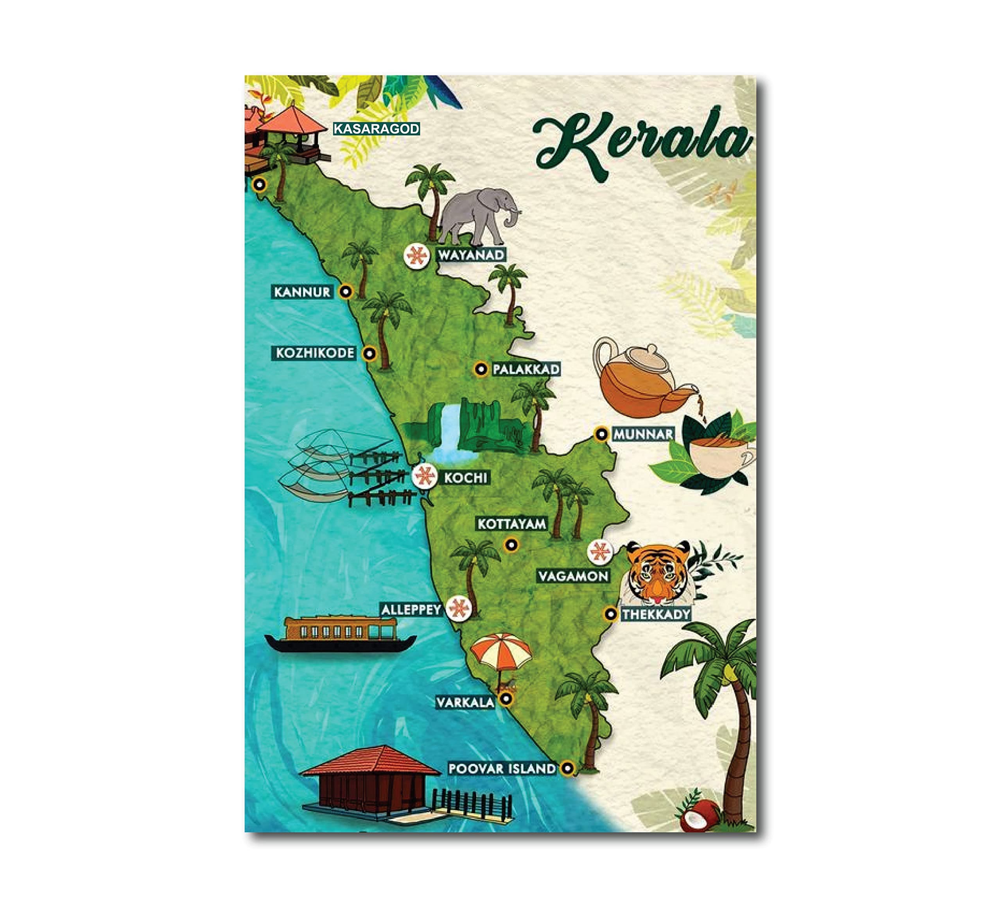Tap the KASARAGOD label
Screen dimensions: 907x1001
pyautogui.click(x=377, y=129)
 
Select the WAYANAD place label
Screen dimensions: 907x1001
pyautogui.click(x=471, y=255)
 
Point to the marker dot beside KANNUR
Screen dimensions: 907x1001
pyautogui.click(x=346, y=291)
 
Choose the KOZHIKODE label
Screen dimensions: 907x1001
pyautogui.click(x=315, y=353)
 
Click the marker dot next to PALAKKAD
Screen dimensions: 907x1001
pyautogui.click(x=480, y=369)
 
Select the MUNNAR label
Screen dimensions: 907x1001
pyautogui.click(x=644, y=434)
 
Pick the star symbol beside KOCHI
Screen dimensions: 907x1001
pyautogui.click(x=424, y=477)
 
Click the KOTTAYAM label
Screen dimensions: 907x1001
pyautogui.click(x=511, y=524)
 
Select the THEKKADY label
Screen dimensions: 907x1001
pyautogui.click(x=656, y=614)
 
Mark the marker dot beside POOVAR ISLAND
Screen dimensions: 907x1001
pyautogui.click(x=567, y=769)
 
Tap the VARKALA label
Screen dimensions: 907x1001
pyautogui.click(x=465, y=702)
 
